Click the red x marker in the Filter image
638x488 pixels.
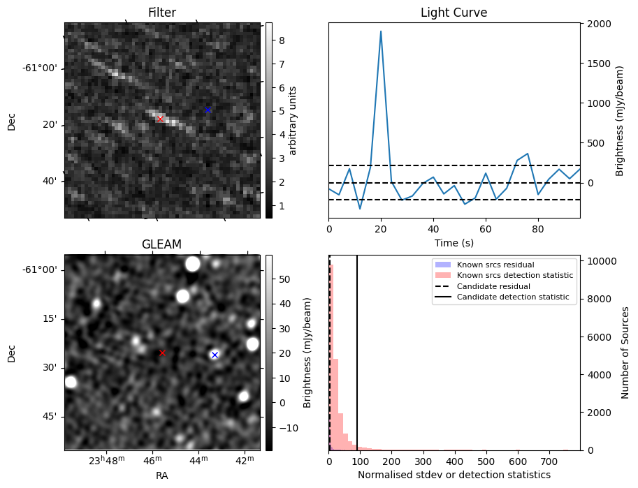160,119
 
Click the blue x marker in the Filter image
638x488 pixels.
208,110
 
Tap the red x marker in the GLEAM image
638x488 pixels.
162,353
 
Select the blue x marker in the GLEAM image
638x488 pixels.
215,355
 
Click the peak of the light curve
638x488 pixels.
381,31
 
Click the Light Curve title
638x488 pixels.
454,13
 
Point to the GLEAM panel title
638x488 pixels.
162,244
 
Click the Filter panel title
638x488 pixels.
162,13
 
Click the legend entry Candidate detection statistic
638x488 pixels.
514,297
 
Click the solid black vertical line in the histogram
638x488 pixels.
357,349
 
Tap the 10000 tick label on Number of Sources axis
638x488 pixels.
601,261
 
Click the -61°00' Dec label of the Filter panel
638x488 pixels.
41,68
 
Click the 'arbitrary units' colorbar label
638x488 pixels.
293,120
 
